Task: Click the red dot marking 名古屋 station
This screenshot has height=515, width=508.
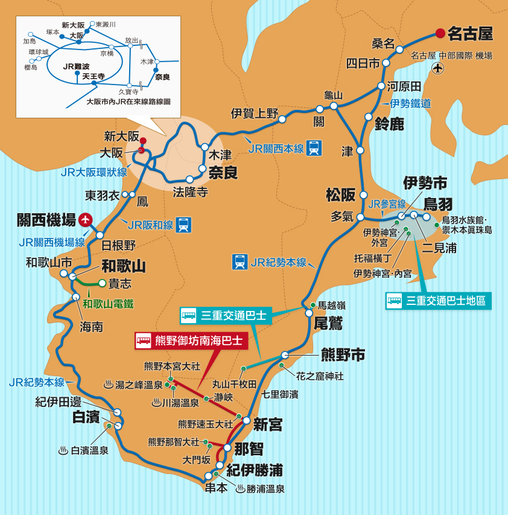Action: point(440,33)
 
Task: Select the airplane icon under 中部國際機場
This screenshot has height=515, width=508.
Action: point(438,68)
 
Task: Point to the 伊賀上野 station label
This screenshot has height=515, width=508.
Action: point(254,113)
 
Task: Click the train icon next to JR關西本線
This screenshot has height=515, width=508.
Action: point(314,147)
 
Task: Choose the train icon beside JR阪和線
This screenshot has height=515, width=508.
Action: point(184,225)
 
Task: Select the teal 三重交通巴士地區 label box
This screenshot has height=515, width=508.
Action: point(438,300)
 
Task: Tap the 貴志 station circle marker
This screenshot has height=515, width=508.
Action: point(103,283)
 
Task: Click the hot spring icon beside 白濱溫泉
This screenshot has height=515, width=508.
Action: point(63,450)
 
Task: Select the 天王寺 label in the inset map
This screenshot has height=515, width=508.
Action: point(77,77)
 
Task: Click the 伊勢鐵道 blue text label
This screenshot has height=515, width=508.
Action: point(410,103)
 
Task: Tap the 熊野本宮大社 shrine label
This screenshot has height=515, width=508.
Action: point(172,366)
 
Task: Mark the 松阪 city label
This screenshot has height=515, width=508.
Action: point(340,194)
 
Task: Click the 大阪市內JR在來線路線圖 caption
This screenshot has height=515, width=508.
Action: point(129,102)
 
